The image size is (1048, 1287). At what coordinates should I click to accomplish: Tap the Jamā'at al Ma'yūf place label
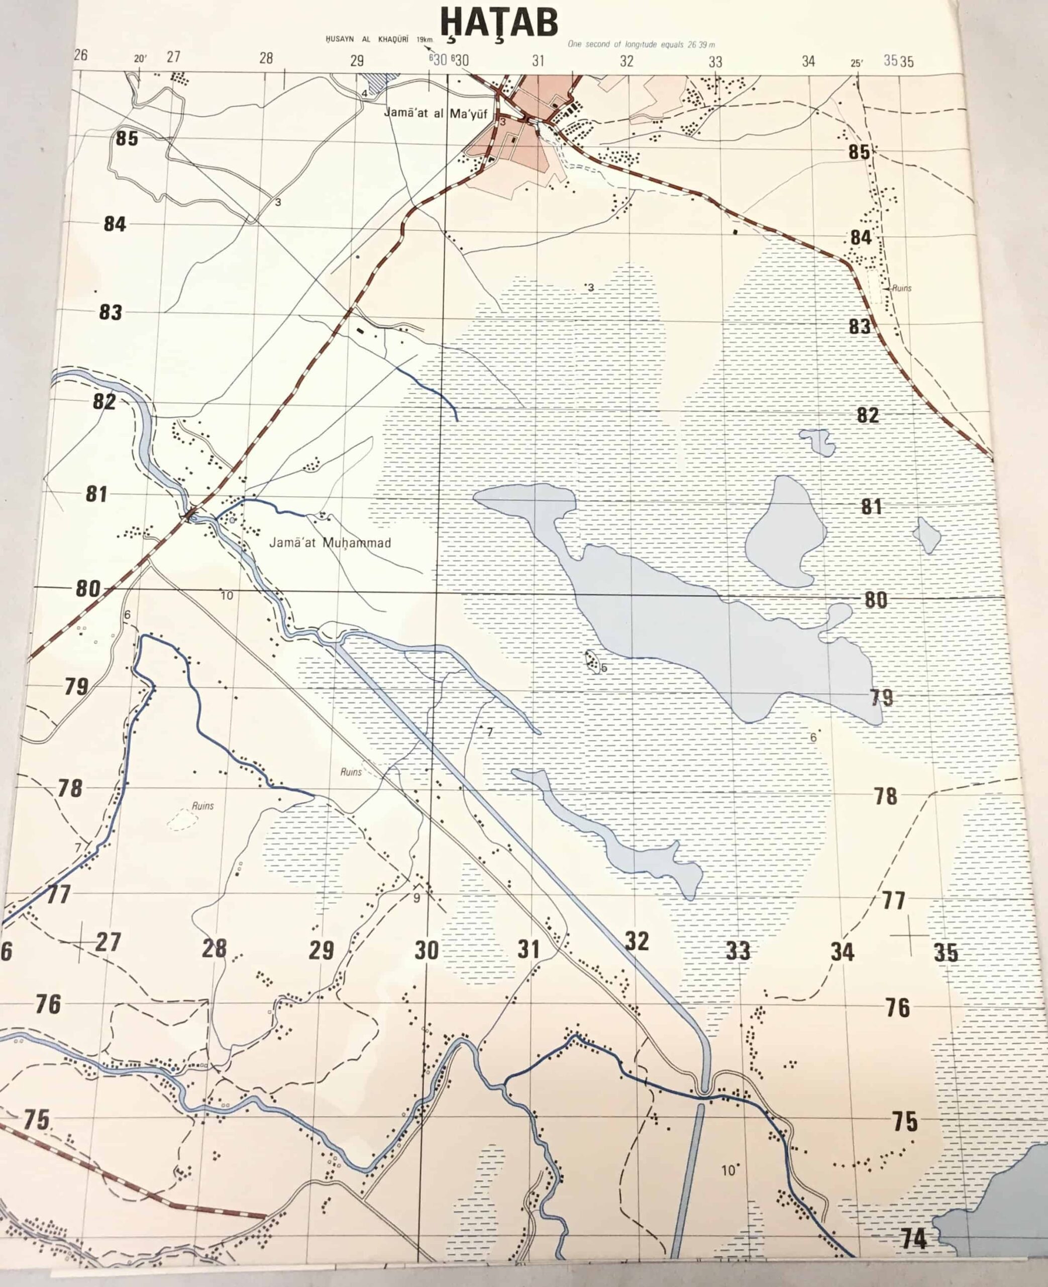435,113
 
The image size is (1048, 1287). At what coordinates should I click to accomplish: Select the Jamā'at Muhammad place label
330,543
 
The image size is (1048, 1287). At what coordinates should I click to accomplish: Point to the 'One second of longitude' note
641,44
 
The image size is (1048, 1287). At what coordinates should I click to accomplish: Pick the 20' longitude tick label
140,59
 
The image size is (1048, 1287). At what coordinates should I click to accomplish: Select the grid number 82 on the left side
104,402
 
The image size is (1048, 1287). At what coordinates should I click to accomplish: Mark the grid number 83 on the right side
860,327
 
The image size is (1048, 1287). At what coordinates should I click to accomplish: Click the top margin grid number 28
266,58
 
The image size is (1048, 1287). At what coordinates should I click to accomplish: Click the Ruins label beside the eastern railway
901,288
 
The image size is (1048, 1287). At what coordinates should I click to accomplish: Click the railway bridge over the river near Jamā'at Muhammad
192,515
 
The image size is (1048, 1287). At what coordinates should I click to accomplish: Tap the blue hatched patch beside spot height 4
381,83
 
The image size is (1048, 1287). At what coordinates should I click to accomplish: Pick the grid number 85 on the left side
127,138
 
